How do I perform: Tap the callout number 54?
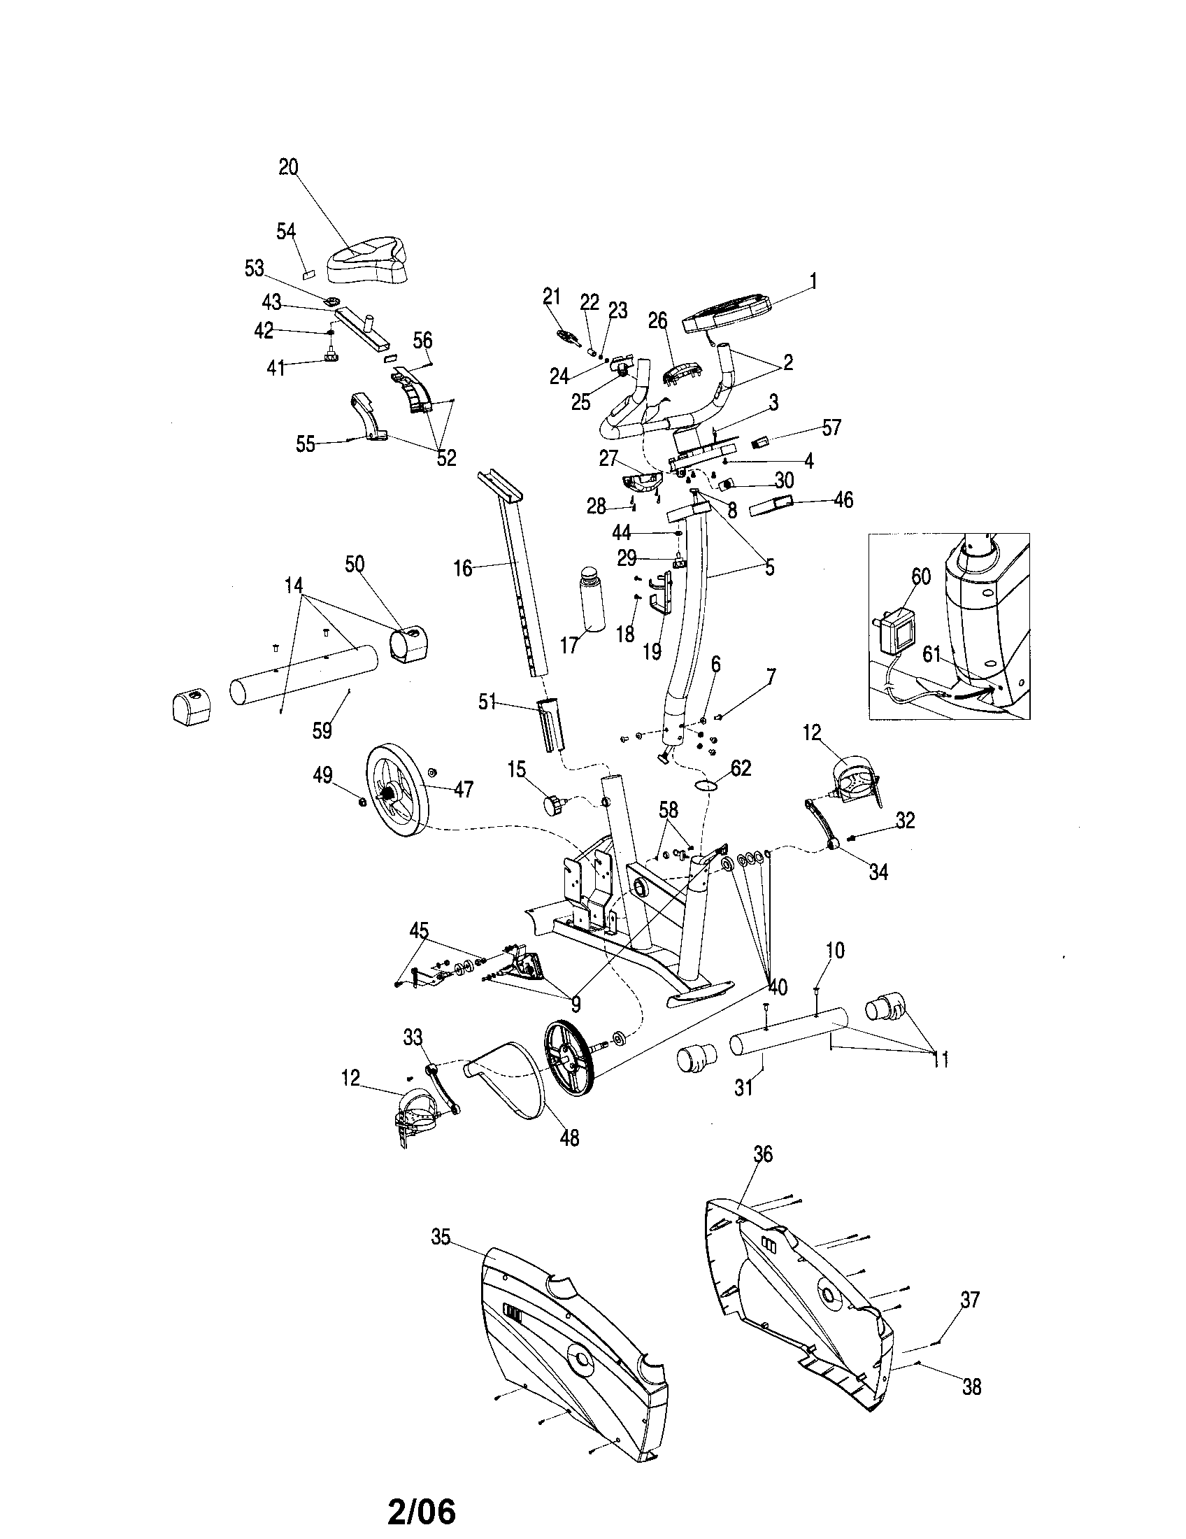coord(286,231)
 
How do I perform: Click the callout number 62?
coord(741,768)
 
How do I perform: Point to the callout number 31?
coord(744,1088)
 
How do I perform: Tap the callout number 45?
coord(419,931)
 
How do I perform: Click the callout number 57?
coord(831,427)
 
